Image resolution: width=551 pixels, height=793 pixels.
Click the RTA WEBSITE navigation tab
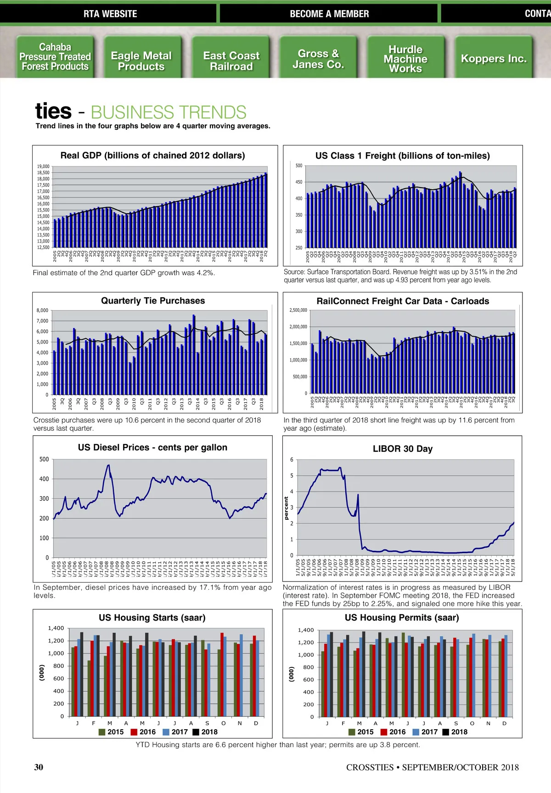coord(110,14)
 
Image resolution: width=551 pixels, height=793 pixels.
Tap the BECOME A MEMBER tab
coord(329,14)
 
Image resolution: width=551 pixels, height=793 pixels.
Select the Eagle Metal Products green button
coord(141,61)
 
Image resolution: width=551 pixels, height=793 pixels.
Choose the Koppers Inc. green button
coord(494,59)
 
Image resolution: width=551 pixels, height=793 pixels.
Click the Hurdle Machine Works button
coord(405,59)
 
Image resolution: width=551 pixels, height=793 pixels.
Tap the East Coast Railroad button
coord(231,61)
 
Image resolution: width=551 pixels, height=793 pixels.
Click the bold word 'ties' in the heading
coord(53,111)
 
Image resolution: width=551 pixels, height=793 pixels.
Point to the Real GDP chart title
coord(152,155)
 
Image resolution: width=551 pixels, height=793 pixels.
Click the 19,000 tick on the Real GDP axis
coord(43,166)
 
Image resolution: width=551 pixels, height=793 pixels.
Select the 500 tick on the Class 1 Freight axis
coord(299,166)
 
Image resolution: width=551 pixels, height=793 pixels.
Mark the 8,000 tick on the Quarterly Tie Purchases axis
coord(42,311)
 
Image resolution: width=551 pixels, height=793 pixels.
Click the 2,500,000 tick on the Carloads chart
coord(298,311)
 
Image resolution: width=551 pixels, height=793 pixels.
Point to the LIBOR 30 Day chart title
coord(403,449)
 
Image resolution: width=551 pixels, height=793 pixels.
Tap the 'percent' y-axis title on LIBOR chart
coord(287,508)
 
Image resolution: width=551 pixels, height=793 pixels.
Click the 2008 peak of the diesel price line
coord(108,466)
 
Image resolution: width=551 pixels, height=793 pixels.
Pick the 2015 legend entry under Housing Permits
coord(361,732)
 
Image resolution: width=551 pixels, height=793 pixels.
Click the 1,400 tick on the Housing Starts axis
coord(56,628)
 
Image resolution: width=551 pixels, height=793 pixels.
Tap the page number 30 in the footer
coord(39,767)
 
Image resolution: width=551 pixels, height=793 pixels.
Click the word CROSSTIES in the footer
coord(370,767)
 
